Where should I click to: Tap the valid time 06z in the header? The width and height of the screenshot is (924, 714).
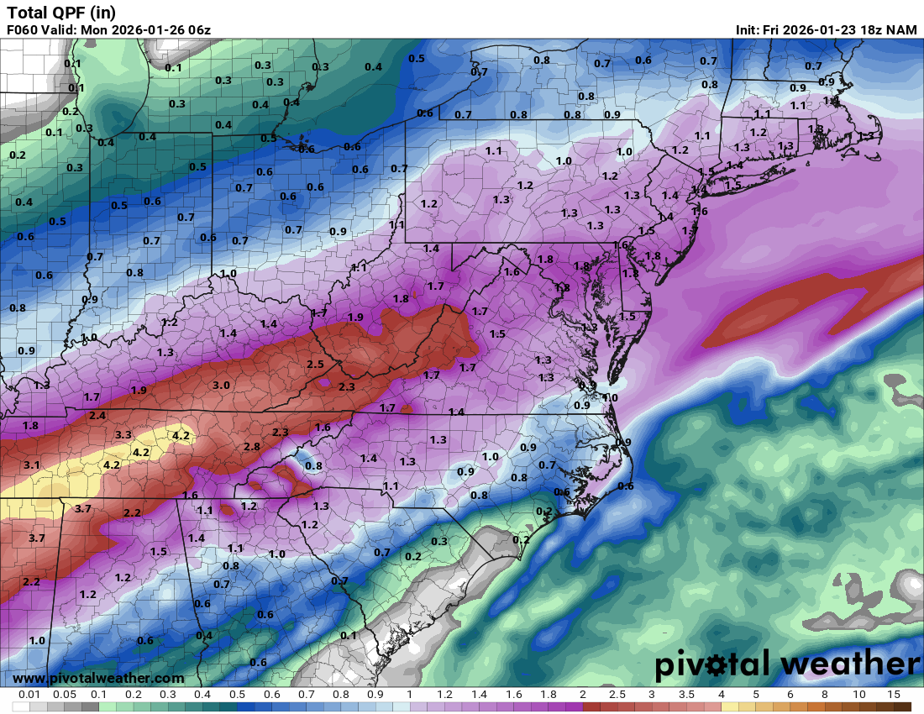click(x=197, y=30)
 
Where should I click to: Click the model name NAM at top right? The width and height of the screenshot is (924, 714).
click(x=901, y=30)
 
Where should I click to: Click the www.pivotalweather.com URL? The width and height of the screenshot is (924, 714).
click(x=98, y=678)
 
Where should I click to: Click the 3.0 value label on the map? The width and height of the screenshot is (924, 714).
click(x=221, y=385)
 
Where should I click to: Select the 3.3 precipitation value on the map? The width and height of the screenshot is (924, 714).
click(x=123, y=434)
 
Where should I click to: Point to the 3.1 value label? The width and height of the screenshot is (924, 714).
click(x=32, y=465)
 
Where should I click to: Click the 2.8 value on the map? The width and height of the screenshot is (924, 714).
click(x=251, y=446)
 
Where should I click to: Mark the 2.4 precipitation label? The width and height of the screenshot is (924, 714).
click(x=97, y=415)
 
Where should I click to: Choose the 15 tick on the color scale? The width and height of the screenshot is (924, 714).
click(x=893, y=695)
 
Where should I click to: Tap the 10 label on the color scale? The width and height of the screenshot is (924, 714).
click(x=858, y=695)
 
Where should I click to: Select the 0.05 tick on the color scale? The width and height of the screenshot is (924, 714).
click(x=64, y=695)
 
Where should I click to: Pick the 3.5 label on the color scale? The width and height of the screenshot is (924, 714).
click(x=686, y=695)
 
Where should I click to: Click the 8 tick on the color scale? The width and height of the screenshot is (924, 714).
click(x=824, y=695)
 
